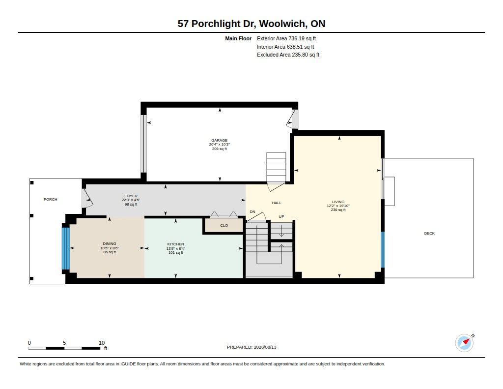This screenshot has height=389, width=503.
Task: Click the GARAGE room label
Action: point(220,140)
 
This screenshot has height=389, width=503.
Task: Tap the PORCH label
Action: point(51,200)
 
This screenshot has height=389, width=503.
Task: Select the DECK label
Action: point(429,234)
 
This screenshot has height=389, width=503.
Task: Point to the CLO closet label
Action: point(224,226)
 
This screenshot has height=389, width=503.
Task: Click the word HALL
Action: point(277,203)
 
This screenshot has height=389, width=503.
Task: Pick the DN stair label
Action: point(252,211)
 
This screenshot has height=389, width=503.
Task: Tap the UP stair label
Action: point(281,216)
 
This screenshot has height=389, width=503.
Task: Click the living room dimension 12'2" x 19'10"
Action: point(338,206)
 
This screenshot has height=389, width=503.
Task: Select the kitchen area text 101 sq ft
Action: point(176,253)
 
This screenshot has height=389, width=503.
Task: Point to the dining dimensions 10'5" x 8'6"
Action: point(110,248)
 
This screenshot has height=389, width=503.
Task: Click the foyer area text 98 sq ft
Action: point(131,204)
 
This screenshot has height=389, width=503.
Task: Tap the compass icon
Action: point(464,343)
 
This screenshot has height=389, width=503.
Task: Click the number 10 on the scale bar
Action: point(102,343)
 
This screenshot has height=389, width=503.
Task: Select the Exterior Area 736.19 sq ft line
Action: point(286,38)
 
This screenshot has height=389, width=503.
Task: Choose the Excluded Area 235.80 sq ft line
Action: point(288,55)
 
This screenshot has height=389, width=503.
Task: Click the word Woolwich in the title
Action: point(282,24)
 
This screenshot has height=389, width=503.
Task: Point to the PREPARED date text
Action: point(251,347)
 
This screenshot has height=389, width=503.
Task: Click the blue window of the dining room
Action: point(65,248)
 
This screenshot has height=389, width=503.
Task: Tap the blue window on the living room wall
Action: point(382,250)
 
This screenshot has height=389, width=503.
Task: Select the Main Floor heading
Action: point(238,38)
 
